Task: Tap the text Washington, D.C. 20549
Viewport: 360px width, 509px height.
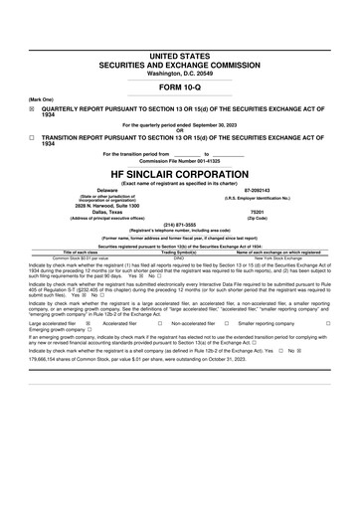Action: pos(179,46)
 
